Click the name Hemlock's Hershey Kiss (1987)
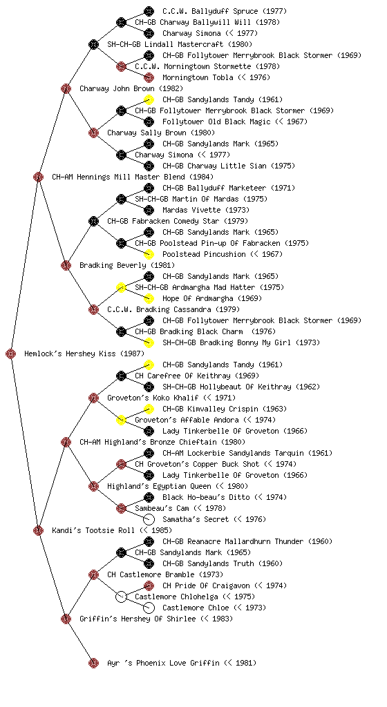tap(78, 353)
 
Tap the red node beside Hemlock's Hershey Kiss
tap(11, 353)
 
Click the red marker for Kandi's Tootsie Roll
tap(38, 530)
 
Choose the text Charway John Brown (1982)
tap(125, 88)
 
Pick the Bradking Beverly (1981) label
tap(127, 265)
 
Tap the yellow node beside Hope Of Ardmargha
tap(149, 298)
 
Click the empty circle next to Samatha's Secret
tap(149, 519)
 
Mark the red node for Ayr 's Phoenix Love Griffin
tap(93, 663)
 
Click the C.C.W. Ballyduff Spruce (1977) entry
tap(225, 11)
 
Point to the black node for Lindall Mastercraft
tap(93, 44)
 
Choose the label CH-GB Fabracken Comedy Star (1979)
tap(178, 221)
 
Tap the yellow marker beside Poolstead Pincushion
tap(149, 254)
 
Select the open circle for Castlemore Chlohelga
tap(121, 597)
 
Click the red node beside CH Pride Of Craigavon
tap(149, 585)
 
